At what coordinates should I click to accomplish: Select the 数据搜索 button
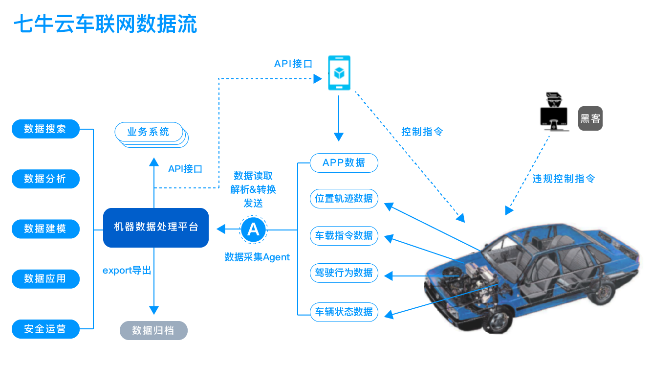[x=45, y=129]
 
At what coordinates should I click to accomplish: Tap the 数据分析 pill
[x=45, y=179]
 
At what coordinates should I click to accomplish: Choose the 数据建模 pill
[x=45, y=229]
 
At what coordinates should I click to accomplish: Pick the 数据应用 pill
[x=45, y=278]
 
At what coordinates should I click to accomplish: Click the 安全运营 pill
[x=45, y=329]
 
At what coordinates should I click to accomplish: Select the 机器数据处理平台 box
[x=156, y=228]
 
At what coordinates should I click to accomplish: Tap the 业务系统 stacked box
[x=149, y=132]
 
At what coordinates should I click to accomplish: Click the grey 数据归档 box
[x=153, y=331]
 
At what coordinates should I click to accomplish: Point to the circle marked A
[x=254, y=229]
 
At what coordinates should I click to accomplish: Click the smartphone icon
[x=339, y=73]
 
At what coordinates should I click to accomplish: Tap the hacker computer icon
[x=554, y=113]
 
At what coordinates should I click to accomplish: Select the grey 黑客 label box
[x=590, y=118]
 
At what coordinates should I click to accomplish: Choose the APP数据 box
[x=344, y=163]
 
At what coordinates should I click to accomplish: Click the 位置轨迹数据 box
[x=344, y=198]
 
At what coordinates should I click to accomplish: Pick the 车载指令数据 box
[x=344, y=235]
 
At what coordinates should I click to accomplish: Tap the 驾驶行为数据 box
[x=344, y=273]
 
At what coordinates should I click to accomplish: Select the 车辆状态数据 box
[x=344, y=312]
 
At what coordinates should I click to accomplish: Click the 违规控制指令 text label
[x=564, y=179]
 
